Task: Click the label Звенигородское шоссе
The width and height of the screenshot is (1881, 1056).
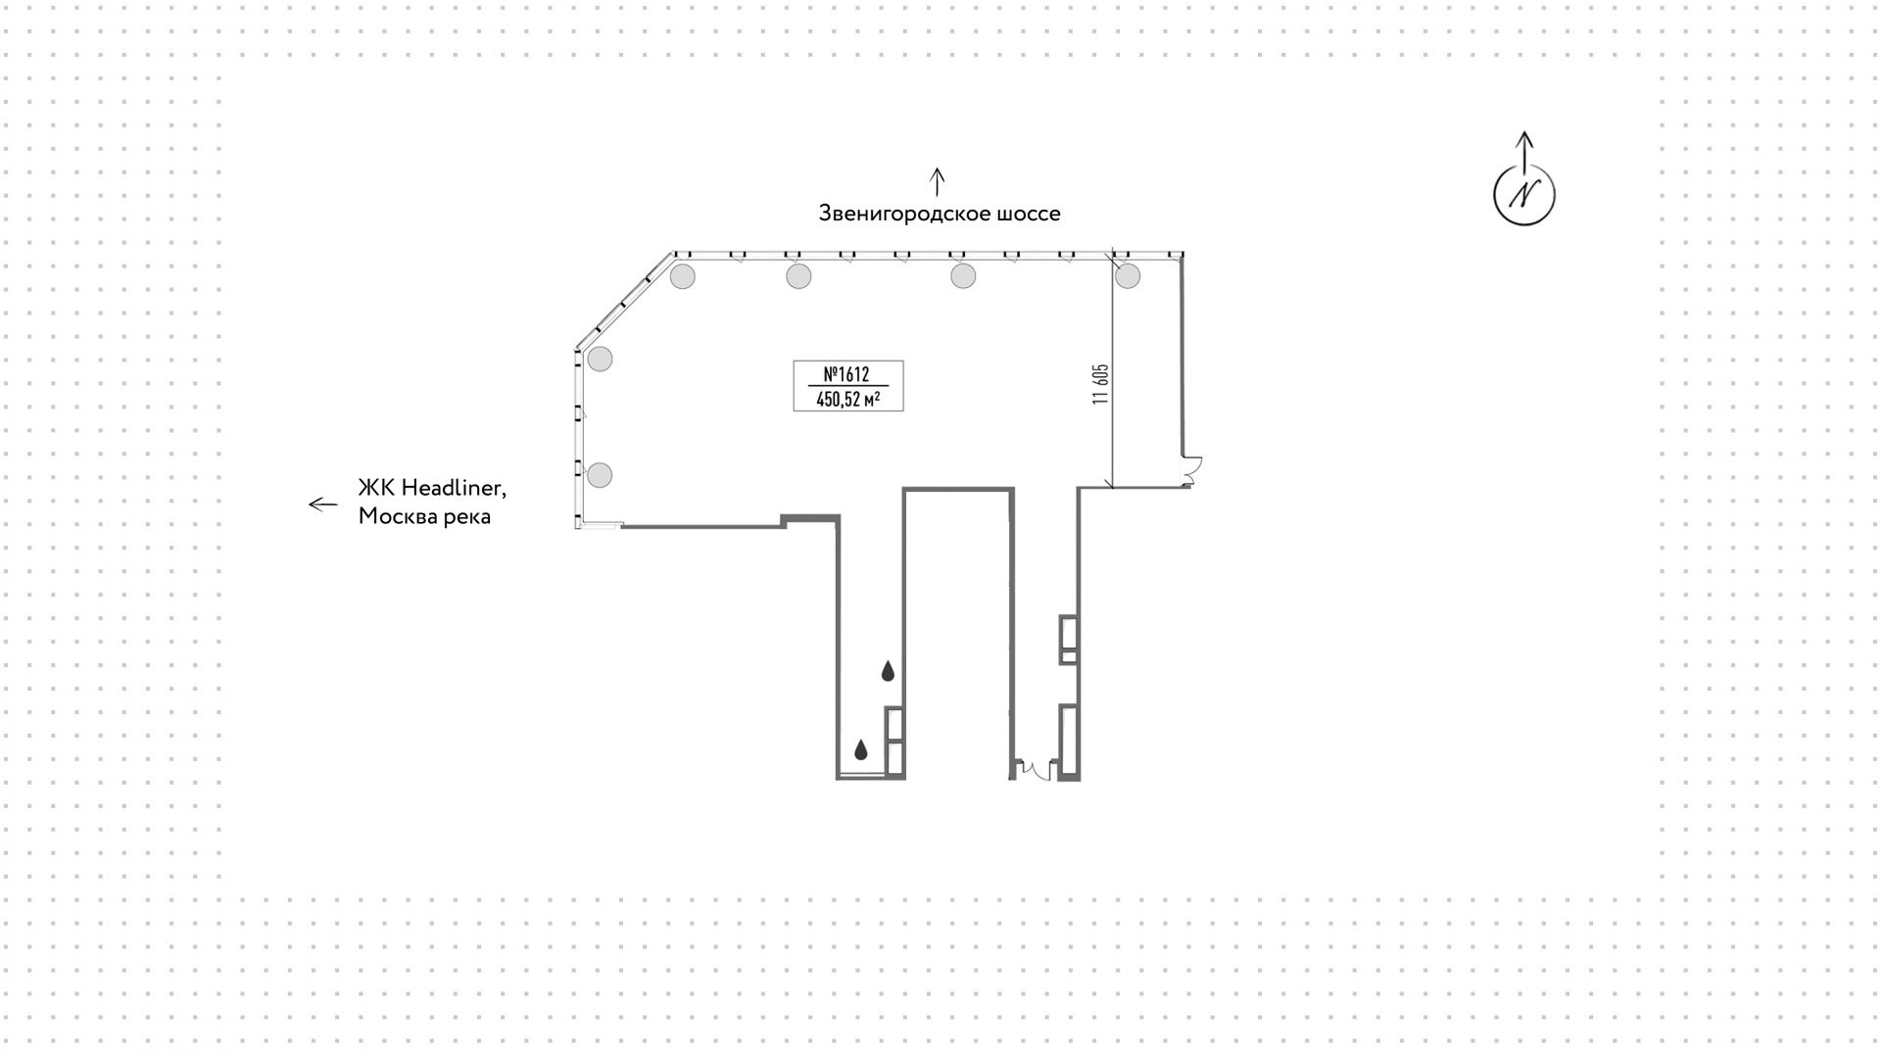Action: click(x=940, y=214)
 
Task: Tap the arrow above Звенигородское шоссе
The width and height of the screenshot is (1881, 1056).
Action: click(x=938, y=181)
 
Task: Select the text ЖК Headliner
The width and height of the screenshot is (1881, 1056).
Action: click(x=432, y=489)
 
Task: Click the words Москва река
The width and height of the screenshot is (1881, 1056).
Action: click(x=424, y=516)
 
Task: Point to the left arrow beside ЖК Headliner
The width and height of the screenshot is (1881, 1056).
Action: click(x=323, y=504)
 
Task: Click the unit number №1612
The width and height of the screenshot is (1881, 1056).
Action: click(x=846, y=374)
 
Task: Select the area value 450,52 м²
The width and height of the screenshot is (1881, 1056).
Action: click(x=847, y=399)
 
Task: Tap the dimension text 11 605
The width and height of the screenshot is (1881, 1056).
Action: click(x=1101, y=384)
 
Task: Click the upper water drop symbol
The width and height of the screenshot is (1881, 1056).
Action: click(x=888, y=671)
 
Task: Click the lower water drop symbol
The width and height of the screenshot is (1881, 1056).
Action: click(x=861, y=750)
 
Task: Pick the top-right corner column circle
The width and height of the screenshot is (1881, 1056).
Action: click(x=1128, y=276)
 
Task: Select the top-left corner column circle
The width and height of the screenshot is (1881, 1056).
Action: click(x=683, y=276)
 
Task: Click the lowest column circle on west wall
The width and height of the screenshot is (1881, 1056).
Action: click(x=600, y=476)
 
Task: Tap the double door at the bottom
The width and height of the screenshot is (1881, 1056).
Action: click(x=1034, y=769)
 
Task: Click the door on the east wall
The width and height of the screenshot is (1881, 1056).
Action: click(x=1192, y=471)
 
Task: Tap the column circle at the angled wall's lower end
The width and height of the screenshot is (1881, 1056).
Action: click(x=600, y=359)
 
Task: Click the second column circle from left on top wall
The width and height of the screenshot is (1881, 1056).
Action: click(x=798, y=276)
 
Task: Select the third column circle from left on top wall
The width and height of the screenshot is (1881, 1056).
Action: click(x=963, y=276)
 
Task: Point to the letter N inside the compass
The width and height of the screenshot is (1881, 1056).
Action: click(x=1524, y=195)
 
